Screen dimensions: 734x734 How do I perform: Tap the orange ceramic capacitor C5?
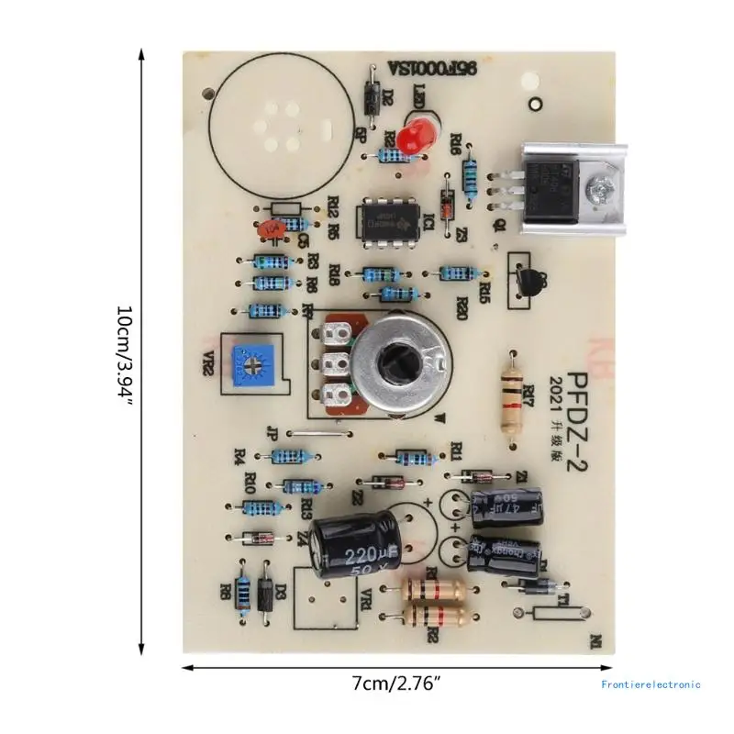267,229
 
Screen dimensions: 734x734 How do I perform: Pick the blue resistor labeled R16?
471,177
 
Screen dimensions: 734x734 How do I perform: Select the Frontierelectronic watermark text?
651,684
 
